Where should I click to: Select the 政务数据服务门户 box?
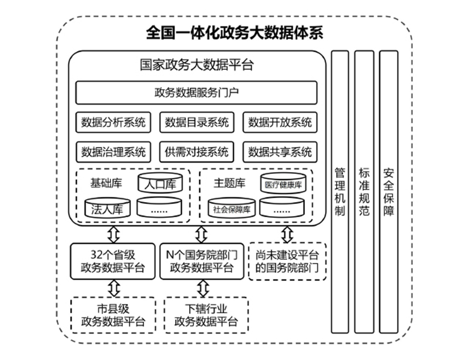[x=196, y=92]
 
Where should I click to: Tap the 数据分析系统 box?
[x=113, y=122]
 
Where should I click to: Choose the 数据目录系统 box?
[x=197, y=122]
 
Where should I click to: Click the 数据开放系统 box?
[x=280, y=122]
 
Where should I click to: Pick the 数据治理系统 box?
[x=113, y=152]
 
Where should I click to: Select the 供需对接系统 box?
[x=197, y=152]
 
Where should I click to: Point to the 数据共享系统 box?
[x=280, y=152]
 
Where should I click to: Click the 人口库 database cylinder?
[x=160, y=184]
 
